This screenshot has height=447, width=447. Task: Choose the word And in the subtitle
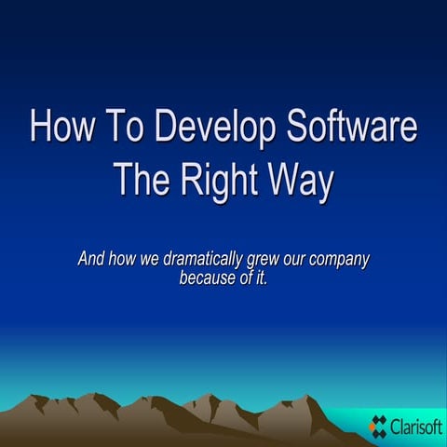click(91, 260)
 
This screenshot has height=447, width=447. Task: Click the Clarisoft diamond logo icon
click(378, 426)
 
